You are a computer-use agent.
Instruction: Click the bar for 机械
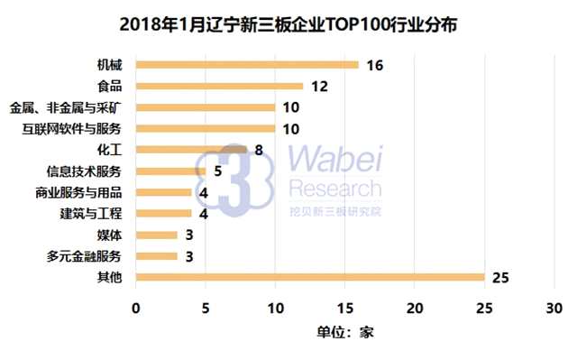tap(246, 65)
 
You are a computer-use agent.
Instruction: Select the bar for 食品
tap(219, 86)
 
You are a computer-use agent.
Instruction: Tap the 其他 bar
tap(309, 276)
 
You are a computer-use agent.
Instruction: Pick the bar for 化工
tap(190, 150)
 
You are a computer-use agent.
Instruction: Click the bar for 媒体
tap(156, 235)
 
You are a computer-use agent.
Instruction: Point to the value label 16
tap(376, 65)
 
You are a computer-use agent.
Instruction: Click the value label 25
tap(501, 276)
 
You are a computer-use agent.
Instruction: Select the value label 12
tap(320, 86)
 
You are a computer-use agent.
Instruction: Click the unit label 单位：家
tap(344, 331)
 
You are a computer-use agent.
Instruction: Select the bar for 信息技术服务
tap(169, 171)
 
